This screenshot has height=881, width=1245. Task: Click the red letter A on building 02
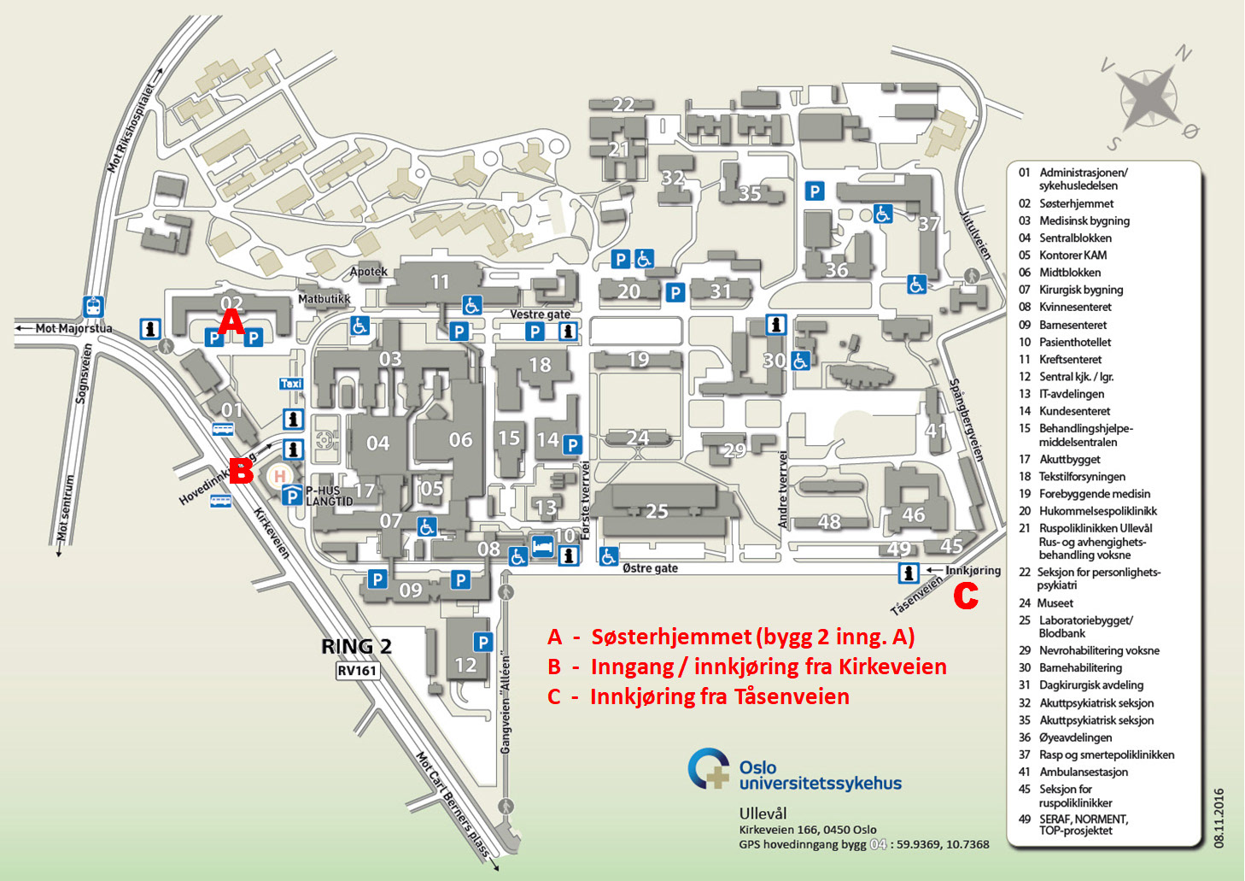[x=231, y=322]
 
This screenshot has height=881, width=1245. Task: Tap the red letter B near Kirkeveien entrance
[x=242, y=469]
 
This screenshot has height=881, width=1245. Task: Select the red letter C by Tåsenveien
[x=965, y=596]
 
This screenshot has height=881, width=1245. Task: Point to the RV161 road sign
[x=357, y=671]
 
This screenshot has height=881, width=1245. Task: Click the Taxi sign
[x=291, y=384]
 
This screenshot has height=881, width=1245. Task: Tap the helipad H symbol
[x=280, y=475]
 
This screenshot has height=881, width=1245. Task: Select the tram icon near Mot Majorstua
[x=93, y=306]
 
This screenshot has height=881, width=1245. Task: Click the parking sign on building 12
[x=483, y=642]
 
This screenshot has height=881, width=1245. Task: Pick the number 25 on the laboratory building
[x=656, y=511]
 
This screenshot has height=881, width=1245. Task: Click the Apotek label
[x=369, y=272]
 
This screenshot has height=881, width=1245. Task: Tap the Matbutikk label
[x=324, y=299]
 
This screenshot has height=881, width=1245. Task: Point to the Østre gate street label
[x=650, y=568]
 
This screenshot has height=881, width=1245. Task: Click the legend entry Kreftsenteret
[x=1070, y=360]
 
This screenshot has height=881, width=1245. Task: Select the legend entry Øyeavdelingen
[x=1075, y=737]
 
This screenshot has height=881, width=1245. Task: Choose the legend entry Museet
[x=1055, y=603]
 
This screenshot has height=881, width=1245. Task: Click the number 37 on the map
[x=929, y=224]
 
